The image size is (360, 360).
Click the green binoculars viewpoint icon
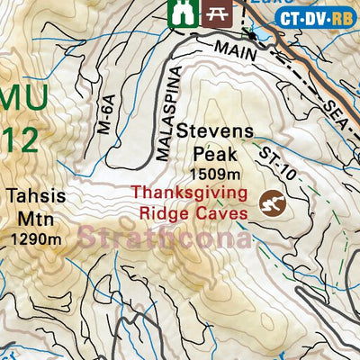coord(182,12)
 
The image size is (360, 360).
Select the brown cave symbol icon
coord(271,203)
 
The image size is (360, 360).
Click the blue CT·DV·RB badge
coord(316,17)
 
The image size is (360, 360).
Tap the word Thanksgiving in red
coord(186,193)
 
